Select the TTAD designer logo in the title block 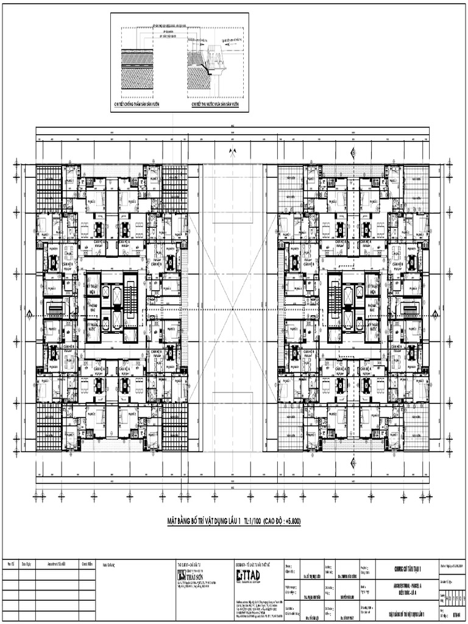(247, 575)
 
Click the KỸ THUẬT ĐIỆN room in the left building (93, 289)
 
